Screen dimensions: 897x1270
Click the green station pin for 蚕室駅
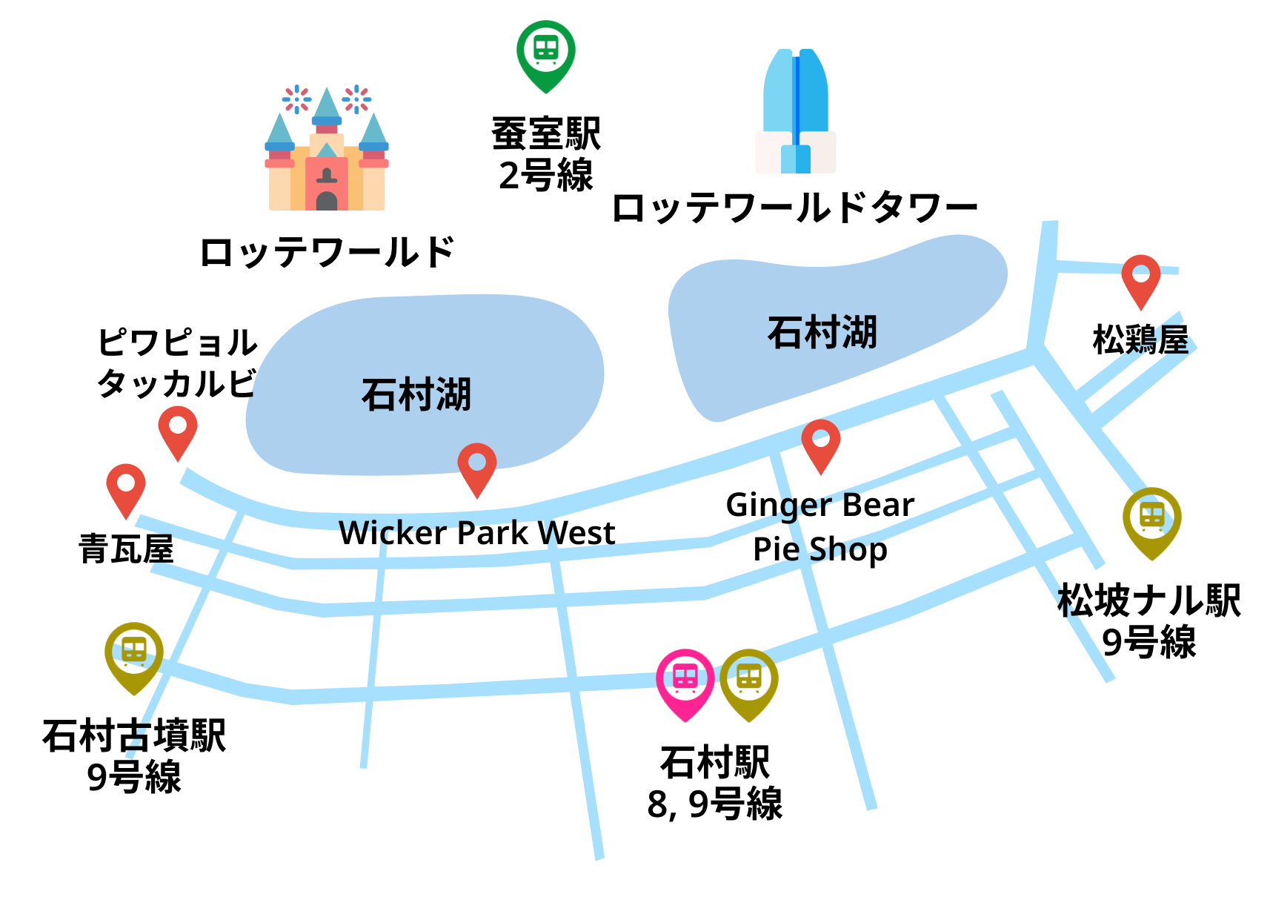point(546,52)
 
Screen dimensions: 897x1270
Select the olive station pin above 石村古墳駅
point(134,653)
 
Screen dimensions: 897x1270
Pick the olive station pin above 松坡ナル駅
point(1151,518)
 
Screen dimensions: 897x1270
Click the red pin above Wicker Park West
point(477,466)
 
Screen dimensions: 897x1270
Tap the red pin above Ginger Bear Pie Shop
point(821,442)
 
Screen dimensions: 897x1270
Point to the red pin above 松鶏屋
point(1141,277)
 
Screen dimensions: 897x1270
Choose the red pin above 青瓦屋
point(126,486)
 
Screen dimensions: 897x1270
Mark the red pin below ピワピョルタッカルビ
point(178,428)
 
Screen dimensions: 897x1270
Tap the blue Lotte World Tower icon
point(796,111)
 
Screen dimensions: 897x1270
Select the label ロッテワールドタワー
point(794,208)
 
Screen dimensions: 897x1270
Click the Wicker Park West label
point(477,533)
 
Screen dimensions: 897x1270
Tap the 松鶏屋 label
point(1140,340)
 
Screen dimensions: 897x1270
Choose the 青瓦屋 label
point(126,549)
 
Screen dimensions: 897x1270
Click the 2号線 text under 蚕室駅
point(546,176)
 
